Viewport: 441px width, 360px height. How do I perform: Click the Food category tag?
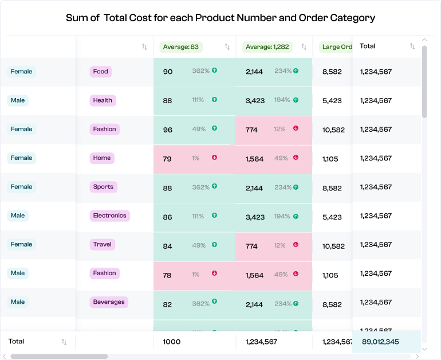tap(100, 72)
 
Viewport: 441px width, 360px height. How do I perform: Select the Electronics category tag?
tap(109, 216)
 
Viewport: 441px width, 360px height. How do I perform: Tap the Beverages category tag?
tap(109, 302)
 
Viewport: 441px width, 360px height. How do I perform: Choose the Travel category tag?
tap(103, 244)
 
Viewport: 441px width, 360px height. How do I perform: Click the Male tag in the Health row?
tap(18, 100)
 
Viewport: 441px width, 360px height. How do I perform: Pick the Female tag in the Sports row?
tap(21, 187)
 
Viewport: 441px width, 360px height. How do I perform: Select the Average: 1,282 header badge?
tap(267, 47)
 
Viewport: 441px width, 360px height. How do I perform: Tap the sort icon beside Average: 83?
tap(227, 47)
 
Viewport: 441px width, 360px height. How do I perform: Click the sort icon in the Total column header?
tap(412, 46)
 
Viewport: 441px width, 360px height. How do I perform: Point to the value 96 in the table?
tap(167, 130)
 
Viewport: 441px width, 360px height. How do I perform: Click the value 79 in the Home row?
tap(167, 159)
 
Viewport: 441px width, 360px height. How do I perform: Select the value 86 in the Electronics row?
tap(167, 217)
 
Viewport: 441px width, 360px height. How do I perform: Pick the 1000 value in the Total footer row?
tap(171, 342)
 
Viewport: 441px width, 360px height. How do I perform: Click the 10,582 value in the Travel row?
tap(333, 245)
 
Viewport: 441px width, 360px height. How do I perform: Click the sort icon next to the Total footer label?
tap(64, 342)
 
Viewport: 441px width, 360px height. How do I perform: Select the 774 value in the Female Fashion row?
tap(251, 130)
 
